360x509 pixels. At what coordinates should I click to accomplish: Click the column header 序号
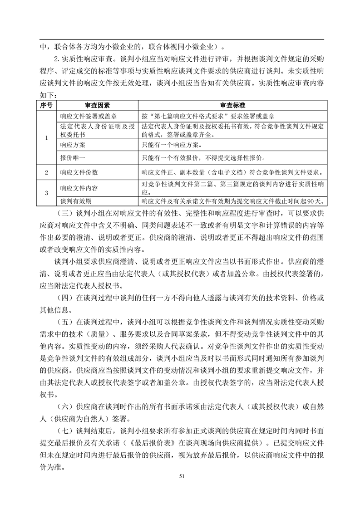46,105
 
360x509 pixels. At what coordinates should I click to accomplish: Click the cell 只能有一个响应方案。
172,145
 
